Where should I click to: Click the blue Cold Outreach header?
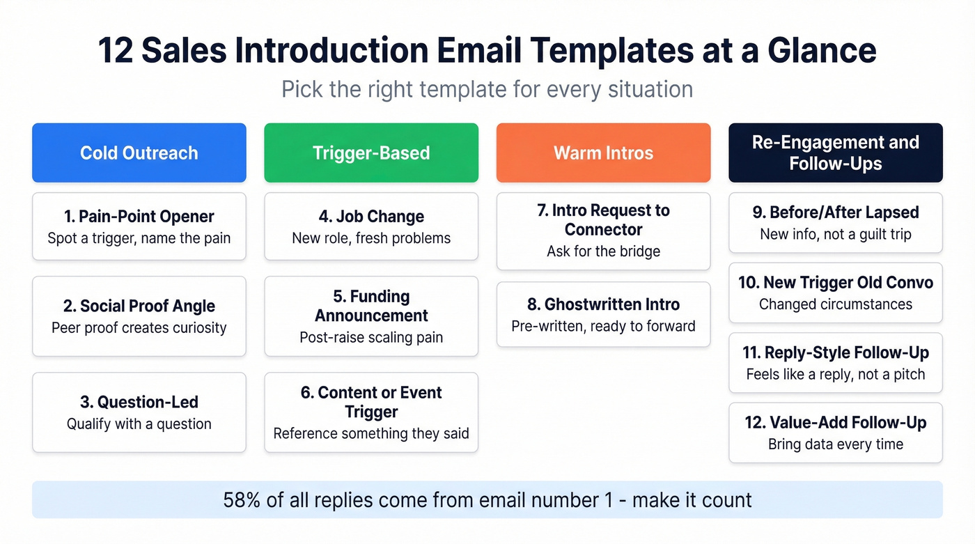coord(139,153)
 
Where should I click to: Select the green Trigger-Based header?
coord(371,153)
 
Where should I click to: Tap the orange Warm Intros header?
coord(603,153)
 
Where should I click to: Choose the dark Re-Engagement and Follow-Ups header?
coord(835,153)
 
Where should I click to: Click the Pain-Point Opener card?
coord(139,226)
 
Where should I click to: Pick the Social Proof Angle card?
coord(139,316)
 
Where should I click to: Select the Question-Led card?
coord(139,412)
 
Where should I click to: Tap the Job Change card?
coord(371,226)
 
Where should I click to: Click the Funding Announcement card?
coord(371,316)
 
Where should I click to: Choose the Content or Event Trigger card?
coord(371,412)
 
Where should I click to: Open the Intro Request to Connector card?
coord(603,231)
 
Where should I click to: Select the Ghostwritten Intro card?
coord(603,314)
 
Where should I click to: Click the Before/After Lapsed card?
coord(835,223)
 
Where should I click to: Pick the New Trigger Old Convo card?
coord(835,293)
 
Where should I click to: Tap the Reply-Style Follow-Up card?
coord(835,363)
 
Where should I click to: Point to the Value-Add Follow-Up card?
coord(835,433)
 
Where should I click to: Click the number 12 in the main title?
coord(116,51)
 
